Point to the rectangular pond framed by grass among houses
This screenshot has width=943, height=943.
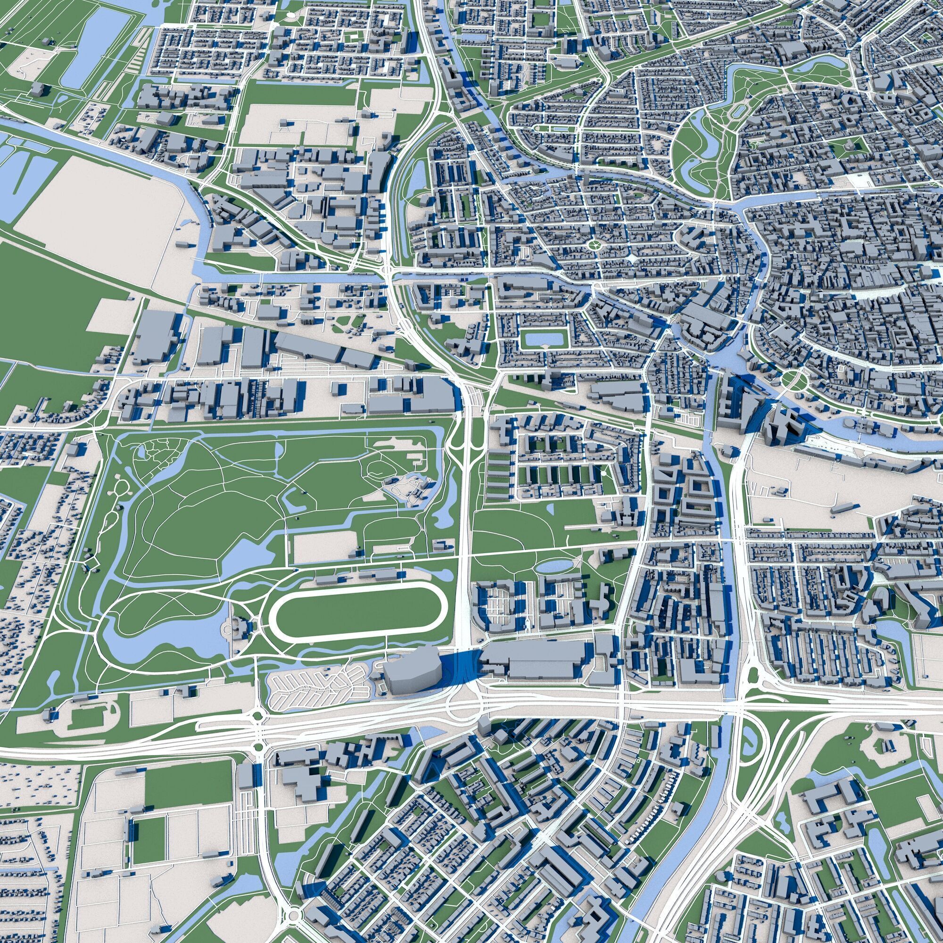pyautogui.click(x=545, y=338)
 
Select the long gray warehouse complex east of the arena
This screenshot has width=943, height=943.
pyautogui.click(x=535, y=659)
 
